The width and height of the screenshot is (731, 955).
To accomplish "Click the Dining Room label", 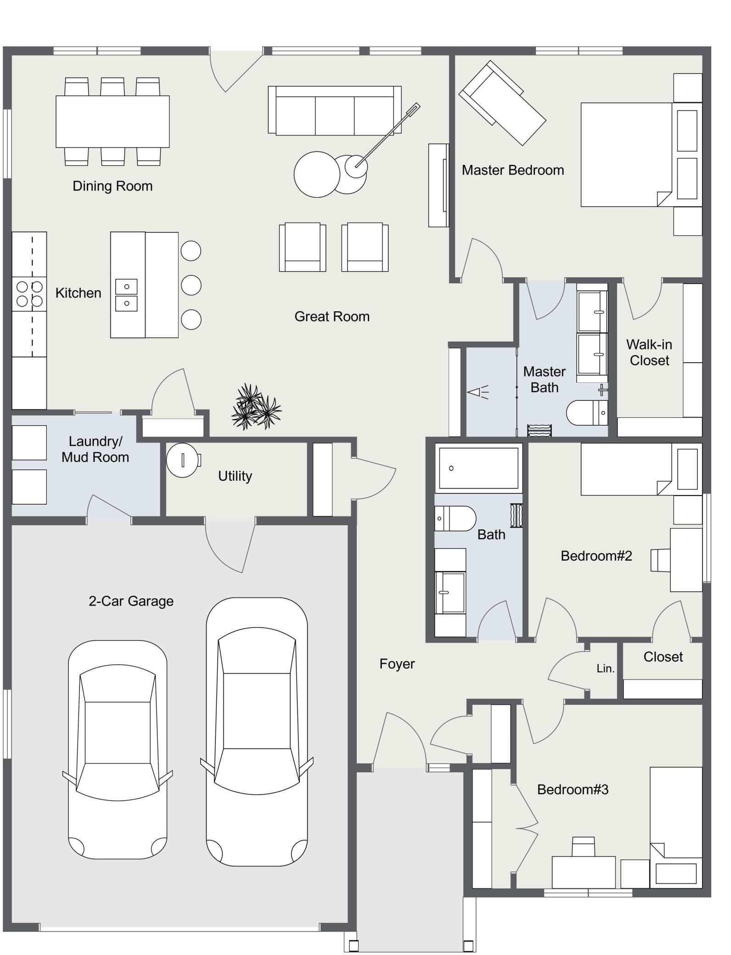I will click(112, 186).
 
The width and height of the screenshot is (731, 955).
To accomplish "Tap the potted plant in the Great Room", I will click(255, 407).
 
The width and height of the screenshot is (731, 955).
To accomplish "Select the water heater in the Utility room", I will click(183, 460).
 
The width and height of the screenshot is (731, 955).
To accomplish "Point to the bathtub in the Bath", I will click(478, 468).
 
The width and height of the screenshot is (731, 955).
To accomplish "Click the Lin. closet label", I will click(605, 668).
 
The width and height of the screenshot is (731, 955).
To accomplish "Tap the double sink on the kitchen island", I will click(126, 295).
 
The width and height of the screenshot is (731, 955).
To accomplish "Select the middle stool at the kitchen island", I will click(191, 285).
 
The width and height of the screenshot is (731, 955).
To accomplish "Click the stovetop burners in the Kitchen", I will click(29, 294).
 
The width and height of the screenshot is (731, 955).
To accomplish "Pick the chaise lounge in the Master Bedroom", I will click(503, 103).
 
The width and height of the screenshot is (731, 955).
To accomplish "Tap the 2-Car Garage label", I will click(131, 601).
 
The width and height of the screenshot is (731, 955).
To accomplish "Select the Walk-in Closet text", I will click(649, 352).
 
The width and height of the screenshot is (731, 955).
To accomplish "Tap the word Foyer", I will click(397, 664).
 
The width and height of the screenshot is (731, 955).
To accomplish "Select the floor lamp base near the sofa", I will click(356, 165).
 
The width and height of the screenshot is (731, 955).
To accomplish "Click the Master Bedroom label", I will click(512, 170).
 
